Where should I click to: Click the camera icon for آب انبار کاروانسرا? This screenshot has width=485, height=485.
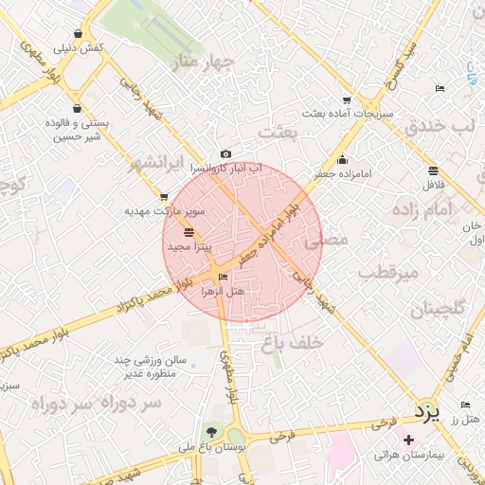(x=225, y=154)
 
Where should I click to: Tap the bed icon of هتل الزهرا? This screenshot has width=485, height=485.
(x=224, y=278)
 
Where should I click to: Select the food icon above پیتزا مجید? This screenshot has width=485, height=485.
(x=189, y=232)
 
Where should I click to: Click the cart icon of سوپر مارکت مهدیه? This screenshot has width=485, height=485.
(x=164, y=197)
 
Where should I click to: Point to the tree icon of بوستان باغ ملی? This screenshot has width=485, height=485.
(x=211, y=432)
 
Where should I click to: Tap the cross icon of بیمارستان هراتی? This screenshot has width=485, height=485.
(x=408, y=440)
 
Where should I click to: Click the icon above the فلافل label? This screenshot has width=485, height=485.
(x=433, y=171)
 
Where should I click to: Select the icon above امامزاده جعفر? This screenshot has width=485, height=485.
(x=342, y=160)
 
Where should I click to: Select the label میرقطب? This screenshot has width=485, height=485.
(x=388, y=273)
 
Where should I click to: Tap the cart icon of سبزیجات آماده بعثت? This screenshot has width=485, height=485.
(x=347, y=100)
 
